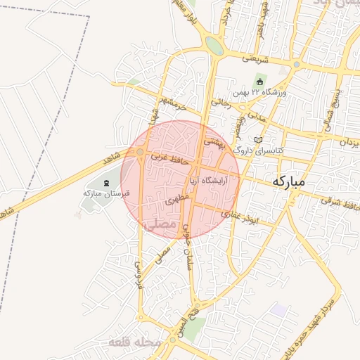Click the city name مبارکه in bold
tap(289, 181)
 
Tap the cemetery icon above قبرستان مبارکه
tap(106, 184)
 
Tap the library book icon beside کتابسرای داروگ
tap(258, 140)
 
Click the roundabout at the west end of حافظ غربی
tap(140, 152)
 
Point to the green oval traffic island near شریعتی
tap(215, 46)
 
